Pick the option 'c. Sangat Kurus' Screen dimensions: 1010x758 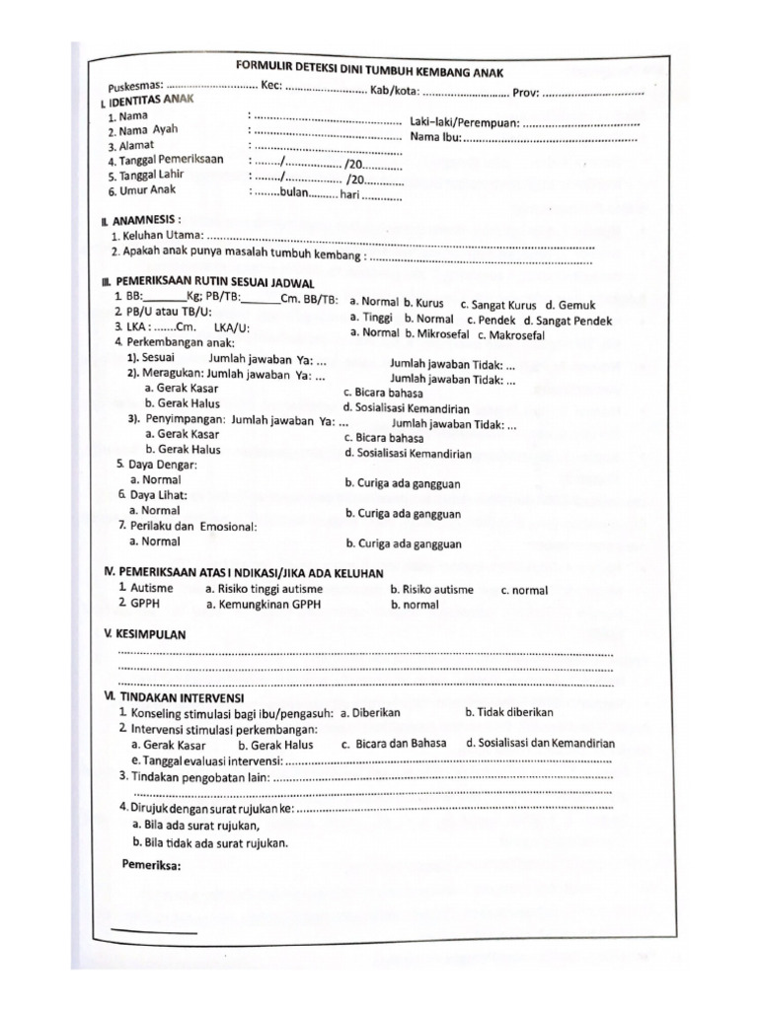498,305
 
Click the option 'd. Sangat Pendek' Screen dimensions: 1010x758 568,321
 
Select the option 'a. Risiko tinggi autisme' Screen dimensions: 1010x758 264,589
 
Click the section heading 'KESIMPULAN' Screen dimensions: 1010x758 150,633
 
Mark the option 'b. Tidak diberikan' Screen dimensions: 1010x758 509,711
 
